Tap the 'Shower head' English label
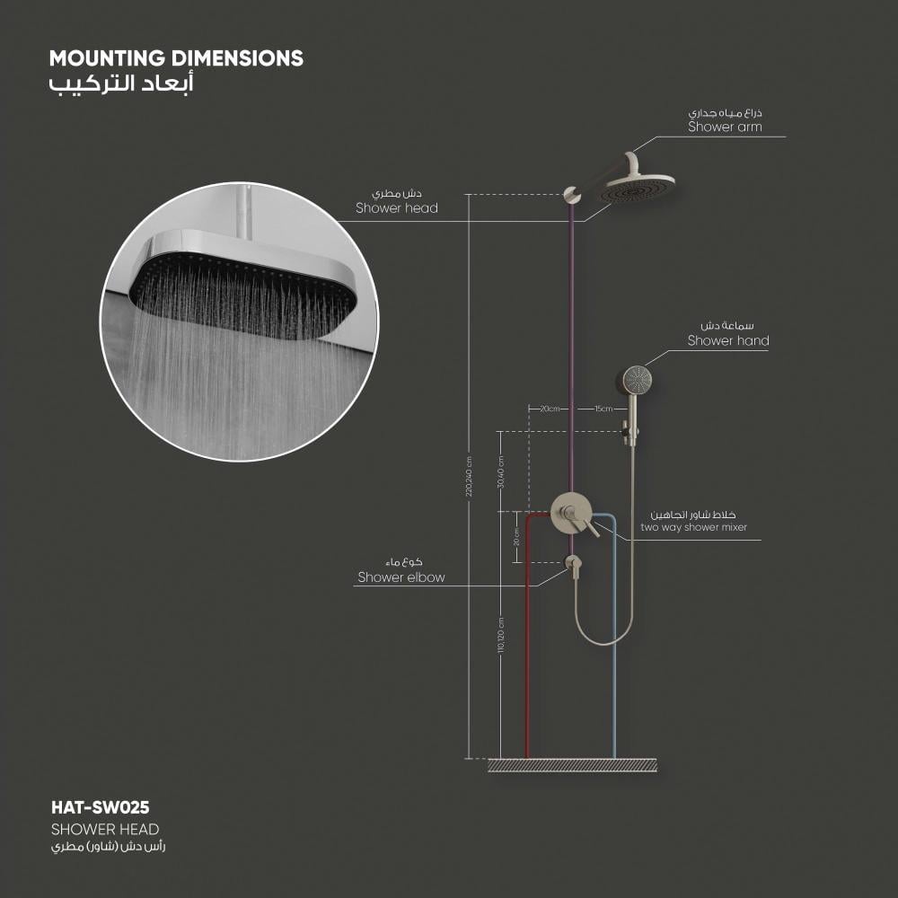pos(397,208)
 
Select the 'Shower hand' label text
pos(728,340)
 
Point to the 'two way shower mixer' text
pos(693,527)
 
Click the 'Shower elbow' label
pos(401,577)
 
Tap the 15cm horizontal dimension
pos(603,409)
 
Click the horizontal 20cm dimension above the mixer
pos(549,409)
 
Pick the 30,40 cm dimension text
pos(501,471)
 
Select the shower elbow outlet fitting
pos(572,563)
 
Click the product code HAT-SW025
pos(99,807)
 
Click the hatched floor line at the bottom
pos(572,765)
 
